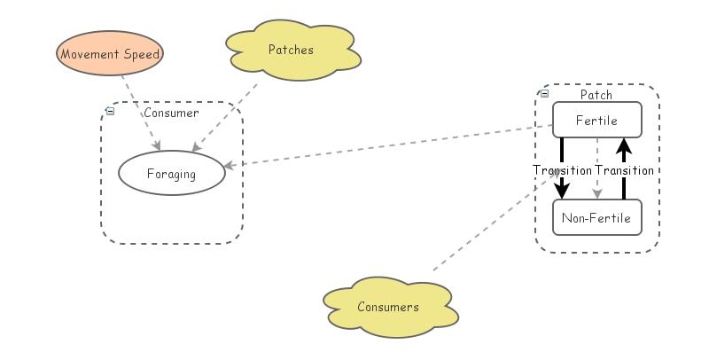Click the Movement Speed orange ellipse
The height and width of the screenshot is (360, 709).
(x=111, y=54)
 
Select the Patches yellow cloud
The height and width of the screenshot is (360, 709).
(x=292, y=51)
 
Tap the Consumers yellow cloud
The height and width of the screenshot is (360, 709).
(x=388, y=307)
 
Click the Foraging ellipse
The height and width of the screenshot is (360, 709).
(x=172, y=174)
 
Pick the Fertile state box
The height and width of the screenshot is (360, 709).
(x=596, y=120)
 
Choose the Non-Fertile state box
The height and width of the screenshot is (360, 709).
(x=596, y=217)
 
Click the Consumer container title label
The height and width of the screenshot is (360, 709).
(x=171, y=113)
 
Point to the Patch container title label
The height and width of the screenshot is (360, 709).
(x=596, y=95)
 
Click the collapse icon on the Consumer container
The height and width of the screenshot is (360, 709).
(x=110, y=111)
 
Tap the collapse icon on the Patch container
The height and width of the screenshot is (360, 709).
(x=544, y=93)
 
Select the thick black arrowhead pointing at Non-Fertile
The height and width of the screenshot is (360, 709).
(x=562, y=191)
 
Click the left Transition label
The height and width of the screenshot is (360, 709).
(x=561, y=169)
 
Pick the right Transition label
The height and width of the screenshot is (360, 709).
(x=625, y=169)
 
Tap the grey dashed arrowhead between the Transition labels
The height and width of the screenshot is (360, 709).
(x=597, y=192)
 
